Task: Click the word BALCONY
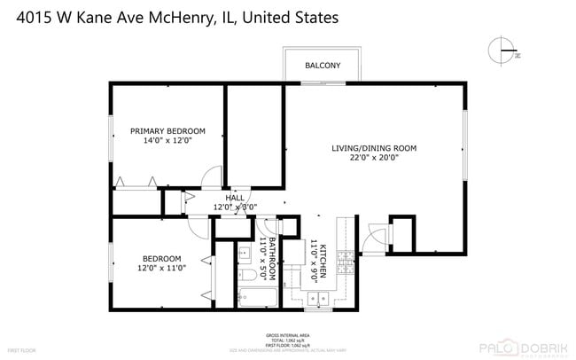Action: (x=323, y=66)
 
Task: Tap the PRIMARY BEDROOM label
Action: (x=167, y=130)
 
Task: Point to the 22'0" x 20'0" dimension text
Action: (x=373, y=158)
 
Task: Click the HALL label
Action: (x=235, y=198)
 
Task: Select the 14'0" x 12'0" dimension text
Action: (x=167, y=140)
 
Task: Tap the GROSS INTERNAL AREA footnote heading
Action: (x=287, y=335)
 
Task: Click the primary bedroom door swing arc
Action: (x=212, y=175)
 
